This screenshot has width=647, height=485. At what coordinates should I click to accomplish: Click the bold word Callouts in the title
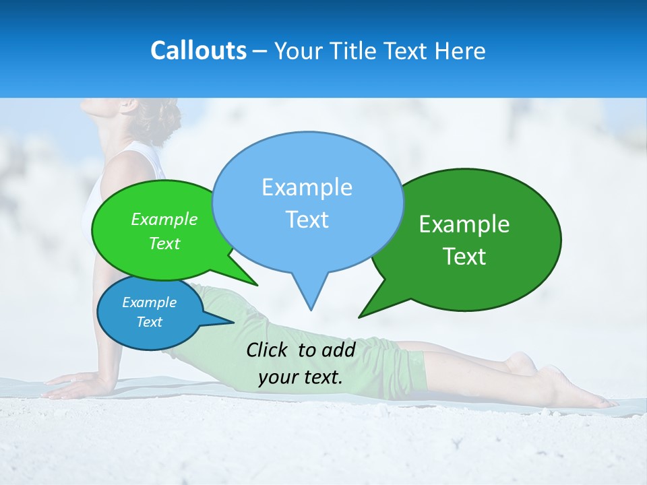point(198,51)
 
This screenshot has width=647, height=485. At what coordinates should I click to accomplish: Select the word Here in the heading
point(460,51)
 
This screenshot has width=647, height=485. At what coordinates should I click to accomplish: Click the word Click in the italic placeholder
point(268,350)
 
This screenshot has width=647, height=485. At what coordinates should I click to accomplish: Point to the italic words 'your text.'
point(301,377)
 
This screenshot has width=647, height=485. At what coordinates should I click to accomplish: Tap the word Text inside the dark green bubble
point(465,257)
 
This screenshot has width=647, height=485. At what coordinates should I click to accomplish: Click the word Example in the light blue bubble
point(307,187)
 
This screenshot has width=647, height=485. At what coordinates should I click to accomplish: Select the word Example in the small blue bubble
point(150,302)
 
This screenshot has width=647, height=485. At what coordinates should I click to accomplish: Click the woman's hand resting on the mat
point(71,388)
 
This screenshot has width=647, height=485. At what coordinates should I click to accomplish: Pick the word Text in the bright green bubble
point(164,243)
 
